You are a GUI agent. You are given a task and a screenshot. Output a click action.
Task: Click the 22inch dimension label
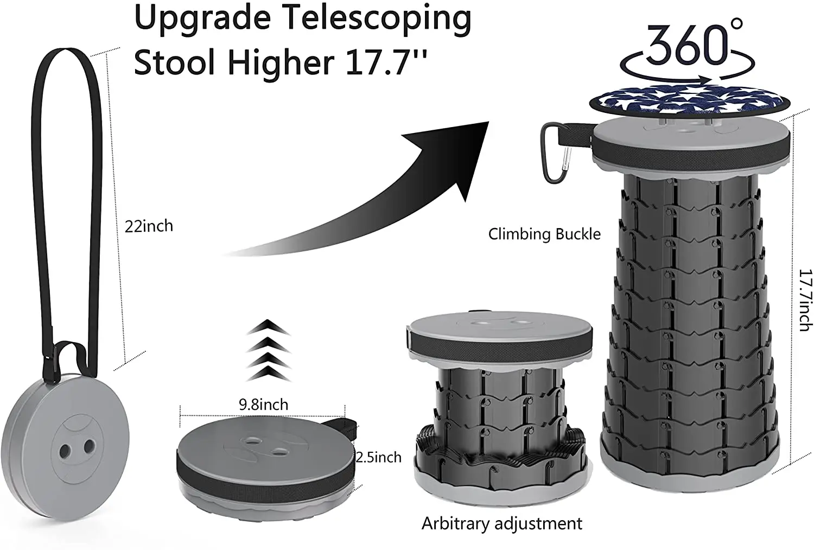click(x=149, y=226)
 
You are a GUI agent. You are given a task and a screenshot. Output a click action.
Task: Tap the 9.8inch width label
click(x=263, y=404)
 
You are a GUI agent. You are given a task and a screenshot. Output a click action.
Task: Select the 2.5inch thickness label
click(x=378, y=457)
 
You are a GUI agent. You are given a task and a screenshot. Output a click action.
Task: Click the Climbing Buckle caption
click(x=544, y=234)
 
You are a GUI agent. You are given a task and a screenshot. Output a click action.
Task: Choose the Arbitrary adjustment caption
click(x=501, y=523)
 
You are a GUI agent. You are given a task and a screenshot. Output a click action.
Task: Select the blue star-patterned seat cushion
click(x=686, y=104)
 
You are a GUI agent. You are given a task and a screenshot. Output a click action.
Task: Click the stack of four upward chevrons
click(x=268, y=351)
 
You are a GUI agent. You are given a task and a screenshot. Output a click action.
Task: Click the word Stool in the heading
click(x=175, y=62)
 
